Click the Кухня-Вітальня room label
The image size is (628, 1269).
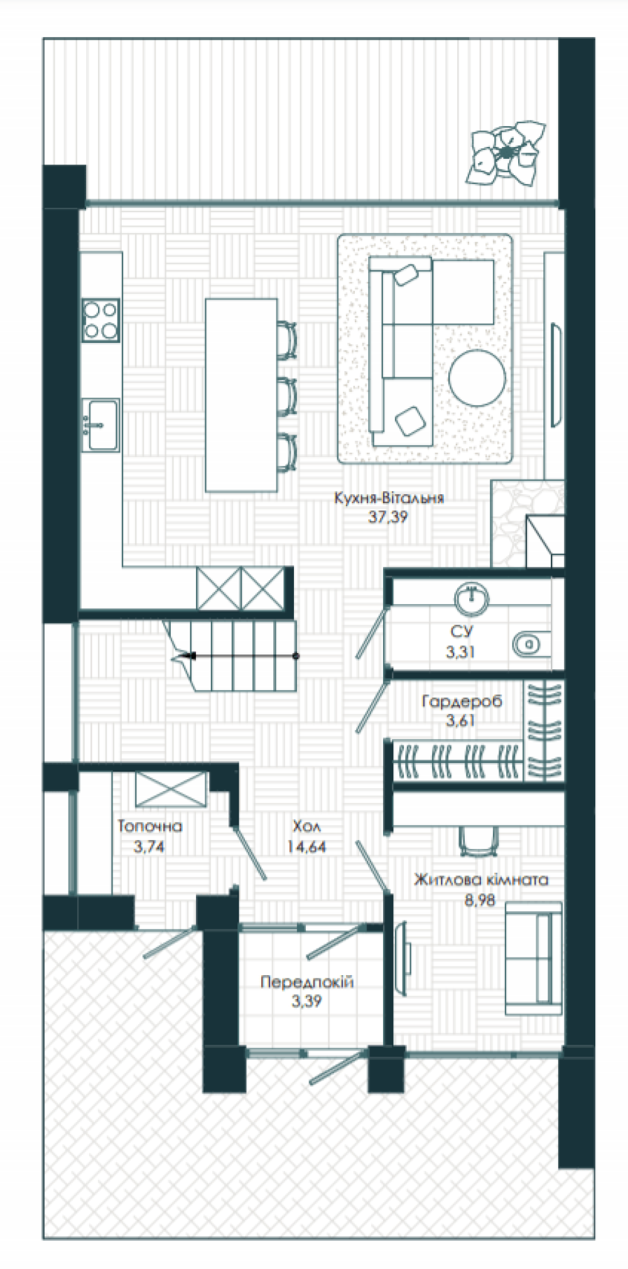pos(389,498)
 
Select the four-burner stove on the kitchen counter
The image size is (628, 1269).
pos(100,320)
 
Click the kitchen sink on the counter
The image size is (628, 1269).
pos(100,425)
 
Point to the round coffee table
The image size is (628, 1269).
pos(477,377)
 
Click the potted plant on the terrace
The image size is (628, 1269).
pos(507,153)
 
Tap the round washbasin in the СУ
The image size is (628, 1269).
pos(472,598)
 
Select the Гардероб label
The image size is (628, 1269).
pos(462,701)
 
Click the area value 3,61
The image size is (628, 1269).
pos(460,720)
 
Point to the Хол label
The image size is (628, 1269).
pos(306,826)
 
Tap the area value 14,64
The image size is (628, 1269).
pos(306,846)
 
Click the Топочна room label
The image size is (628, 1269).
pos(149,826)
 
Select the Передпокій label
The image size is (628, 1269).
pos(307,981)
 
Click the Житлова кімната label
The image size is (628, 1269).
pos(481,880)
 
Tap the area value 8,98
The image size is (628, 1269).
pos(480,900)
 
